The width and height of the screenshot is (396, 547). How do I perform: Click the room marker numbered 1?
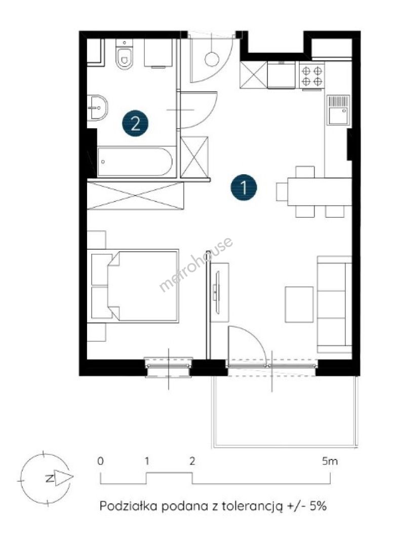[x=244, y=187]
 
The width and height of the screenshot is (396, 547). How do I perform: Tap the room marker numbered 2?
[x=135, y=123]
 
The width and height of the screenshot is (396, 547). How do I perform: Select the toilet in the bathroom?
[x=124, y=54]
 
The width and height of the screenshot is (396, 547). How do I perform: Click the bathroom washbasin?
[x=97, y=108]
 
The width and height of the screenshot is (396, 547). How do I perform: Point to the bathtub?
[x=135, y=162]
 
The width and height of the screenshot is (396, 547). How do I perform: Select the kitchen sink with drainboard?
[x=338, y=110]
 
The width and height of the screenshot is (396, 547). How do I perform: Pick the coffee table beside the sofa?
[x=299, y=304]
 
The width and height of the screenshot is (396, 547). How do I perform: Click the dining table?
[x=320, y=191]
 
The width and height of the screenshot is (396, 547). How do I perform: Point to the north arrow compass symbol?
[x=46, y=478]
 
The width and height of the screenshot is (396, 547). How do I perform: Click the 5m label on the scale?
[x=330, y=461]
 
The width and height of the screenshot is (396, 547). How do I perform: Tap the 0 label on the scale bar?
[x=100, y=461]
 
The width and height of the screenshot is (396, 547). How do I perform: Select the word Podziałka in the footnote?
[x=129, y=506]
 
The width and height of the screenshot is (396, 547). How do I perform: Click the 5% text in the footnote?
[x=318, y=506]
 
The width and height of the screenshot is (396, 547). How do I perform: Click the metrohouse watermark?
[x=196, y=264]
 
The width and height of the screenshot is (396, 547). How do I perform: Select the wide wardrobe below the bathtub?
[x=135, y=196]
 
